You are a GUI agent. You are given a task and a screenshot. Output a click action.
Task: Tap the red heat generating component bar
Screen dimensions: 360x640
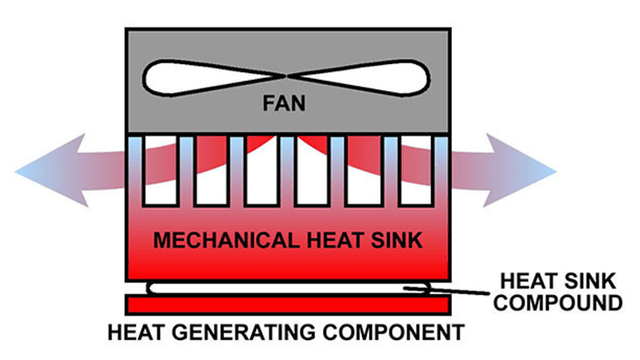click(286, 305)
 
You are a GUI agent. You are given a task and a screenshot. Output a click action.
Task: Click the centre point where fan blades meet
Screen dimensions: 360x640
click(288, 77)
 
